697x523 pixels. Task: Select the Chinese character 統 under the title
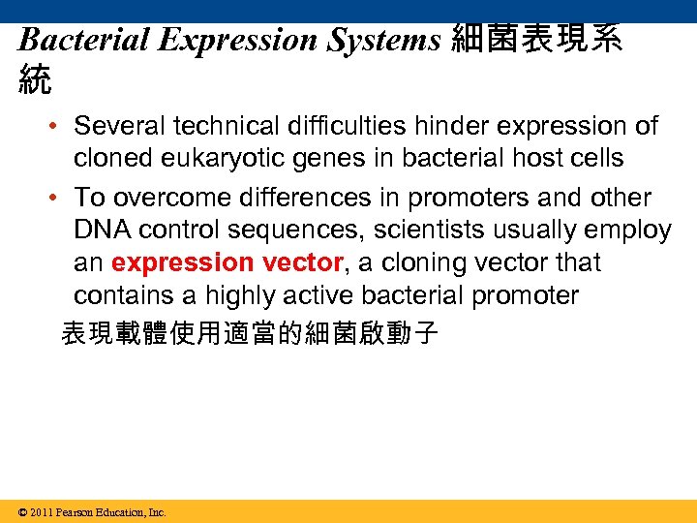point(35,78)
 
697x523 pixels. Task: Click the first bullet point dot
point(59,127)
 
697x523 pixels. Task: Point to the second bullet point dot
point(59,198)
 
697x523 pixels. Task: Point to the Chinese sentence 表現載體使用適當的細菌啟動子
point(250,334)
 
